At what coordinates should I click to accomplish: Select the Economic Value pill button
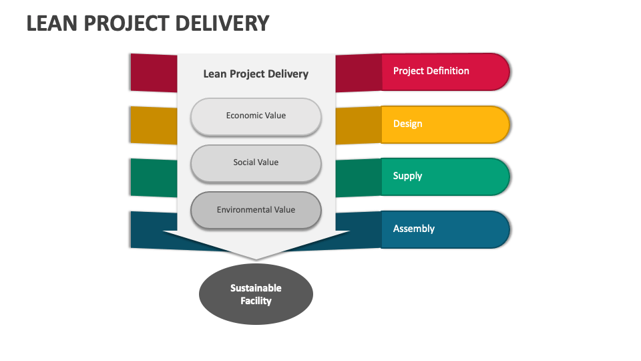[x=256, y=116]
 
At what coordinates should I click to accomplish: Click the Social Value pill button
[x=256, y=162]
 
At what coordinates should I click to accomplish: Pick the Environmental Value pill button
[x=256, y=210]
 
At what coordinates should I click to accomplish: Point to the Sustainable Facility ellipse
[x=256, y=294]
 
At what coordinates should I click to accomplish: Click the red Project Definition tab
[x=444, y=72]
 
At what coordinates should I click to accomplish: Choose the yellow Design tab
[x=444, y=124]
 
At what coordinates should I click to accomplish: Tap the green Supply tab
[x=444, y=176]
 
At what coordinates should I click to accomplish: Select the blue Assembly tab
[x=444, y=229]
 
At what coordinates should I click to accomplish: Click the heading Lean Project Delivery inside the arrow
[x=256, y=74]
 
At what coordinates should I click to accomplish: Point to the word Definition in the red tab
[x=447, y=71]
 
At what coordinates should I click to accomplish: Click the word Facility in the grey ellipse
[x=256, y=301]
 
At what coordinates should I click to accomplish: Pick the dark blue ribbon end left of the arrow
[x=147, y=229]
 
